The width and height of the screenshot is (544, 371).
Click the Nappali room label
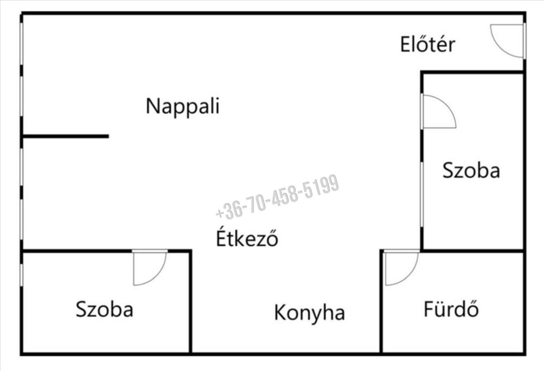point(183,106)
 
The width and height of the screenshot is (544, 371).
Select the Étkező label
point(247,237)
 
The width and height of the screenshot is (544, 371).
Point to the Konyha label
point(309,312)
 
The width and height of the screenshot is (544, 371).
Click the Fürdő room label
point(451,308)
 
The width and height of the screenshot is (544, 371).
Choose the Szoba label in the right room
point(471,170)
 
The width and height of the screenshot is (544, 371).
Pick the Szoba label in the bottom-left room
point(104,309)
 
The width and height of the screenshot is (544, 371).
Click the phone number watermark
point(277,197)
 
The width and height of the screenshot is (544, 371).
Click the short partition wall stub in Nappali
point(66,136)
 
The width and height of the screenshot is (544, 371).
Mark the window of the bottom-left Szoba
point(21,275)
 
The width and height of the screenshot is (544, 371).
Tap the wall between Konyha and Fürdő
point(381,302)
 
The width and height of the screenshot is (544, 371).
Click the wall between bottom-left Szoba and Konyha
point(190,302)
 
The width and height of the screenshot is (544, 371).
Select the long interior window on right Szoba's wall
point(422,195)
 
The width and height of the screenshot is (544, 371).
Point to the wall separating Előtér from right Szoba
point(472,72)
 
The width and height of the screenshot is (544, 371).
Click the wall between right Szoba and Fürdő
point(472,251)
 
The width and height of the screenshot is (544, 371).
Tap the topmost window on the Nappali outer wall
point(21,44)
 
